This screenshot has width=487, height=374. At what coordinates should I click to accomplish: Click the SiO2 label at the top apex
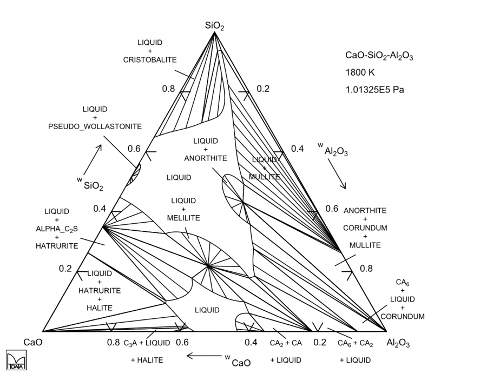pyautogui.click(x=214, y=25)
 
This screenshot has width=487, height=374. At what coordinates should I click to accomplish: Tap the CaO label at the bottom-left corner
pyautogui.click(x=32, y=342)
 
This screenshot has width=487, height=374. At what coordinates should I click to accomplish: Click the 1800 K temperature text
pyautogui.click(x=359, y=72)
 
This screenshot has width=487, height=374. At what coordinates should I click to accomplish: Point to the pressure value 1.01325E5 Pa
pyautogui.click(x=374, y=90)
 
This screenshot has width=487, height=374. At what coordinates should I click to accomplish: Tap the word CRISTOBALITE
pyautogui.click(x=150, y=59)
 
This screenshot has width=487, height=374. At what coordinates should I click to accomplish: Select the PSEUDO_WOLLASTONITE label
pyautogui.click(x=95, y=126)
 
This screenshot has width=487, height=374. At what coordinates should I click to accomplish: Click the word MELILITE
pyautogui.click(x=183, y=218)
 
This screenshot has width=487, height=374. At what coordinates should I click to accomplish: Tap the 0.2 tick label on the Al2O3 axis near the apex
pyautogui.click(x=263, y=89)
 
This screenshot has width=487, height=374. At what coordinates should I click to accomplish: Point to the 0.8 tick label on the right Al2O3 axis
pyautogui.click(x=366, y=268)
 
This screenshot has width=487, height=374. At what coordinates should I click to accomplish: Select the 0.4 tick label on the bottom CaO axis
pyautogui.click(x=251, y=342)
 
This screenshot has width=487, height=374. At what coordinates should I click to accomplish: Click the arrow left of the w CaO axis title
pyautogui.click(x=201, y=356)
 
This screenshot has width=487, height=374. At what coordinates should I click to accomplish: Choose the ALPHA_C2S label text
pyautogui.click(x=57, y=228)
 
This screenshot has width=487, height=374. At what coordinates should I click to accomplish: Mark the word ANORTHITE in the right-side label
pyautogui.click(x=365, y=211)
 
